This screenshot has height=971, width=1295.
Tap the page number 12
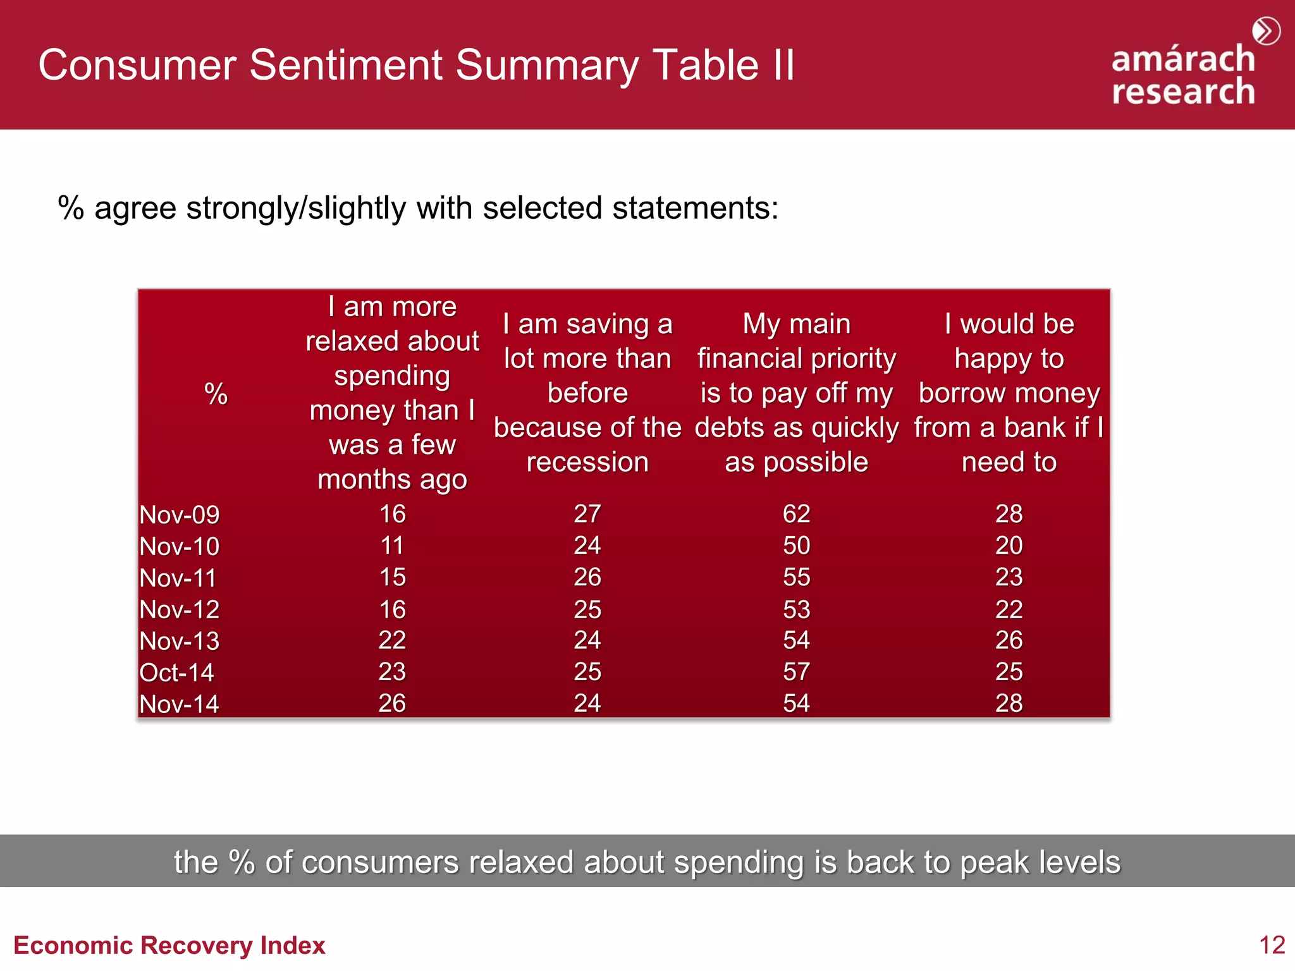(1272, 945)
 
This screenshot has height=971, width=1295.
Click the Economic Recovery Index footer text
(169, 945)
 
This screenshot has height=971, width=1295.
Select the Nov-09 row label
(180, 515)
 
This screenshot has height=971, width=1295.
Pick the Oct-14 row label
(176, 673)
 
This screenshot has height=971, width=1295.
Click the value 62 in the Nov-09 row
(796, 514)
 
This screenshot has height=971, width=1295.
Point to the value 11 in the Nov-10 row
(392, 546)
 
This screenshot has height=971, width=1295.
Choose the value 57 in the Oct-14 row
(796, 671)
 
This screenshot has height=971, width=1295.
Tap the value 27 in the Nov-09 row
(587, 514)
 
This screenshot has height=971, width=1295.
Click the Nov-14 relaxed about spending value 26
(392, 703)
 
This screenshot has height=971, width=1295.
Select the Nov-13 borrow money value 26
(1009, 640)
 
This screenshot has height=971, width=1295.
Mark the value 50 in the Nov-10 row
(796, 546)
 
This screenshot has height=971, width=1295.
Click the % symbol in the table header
(216, 394)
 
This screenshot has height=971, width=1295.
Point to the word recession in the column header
(587, 462)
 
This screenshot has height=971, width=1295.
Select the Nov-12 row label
(180, 609)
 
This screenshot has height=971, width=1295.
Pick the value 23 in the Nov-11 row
(1009, 577)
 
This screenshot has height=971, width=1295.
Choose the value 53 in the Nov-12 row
(796, 609)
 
